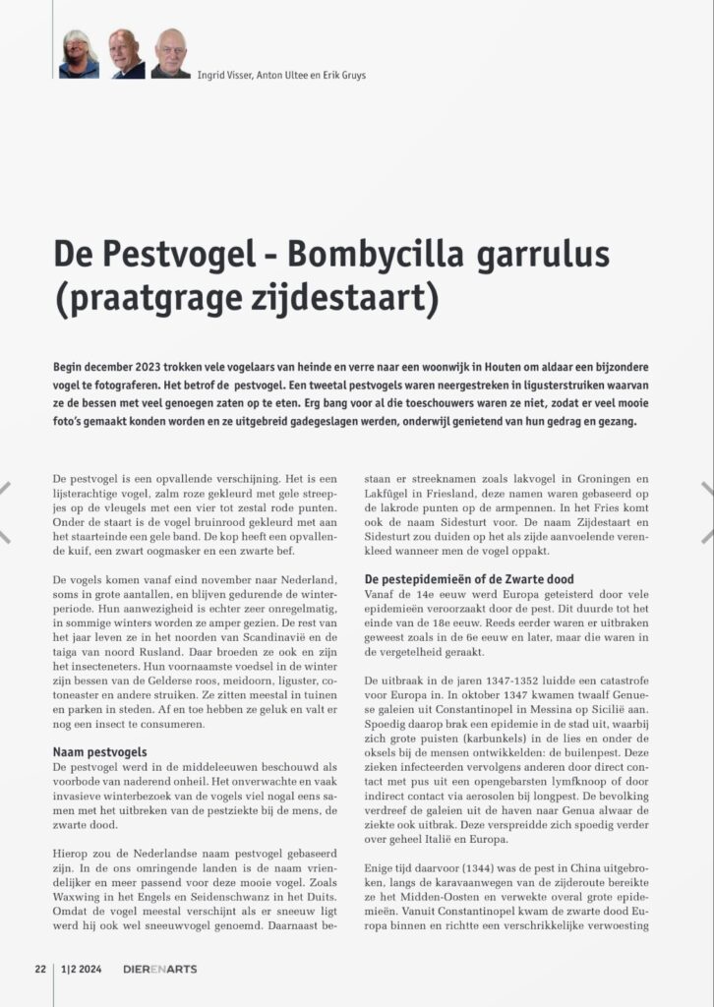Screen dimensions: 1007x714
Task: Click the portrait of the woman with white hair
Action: tap(79, 54)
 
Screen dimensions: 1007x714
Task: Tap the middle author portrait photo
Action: tap(126, 54)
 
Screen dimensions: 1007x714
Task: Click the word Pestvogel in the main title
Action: tap(175, 256)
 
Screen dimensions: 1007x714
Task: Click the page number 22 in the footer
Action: tap(40, 969)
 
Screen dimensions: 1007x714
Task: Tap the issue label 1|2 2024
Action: tap(84, 969)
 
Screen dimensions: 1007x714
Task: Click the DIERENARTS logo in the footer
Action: tap(159, 969)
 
